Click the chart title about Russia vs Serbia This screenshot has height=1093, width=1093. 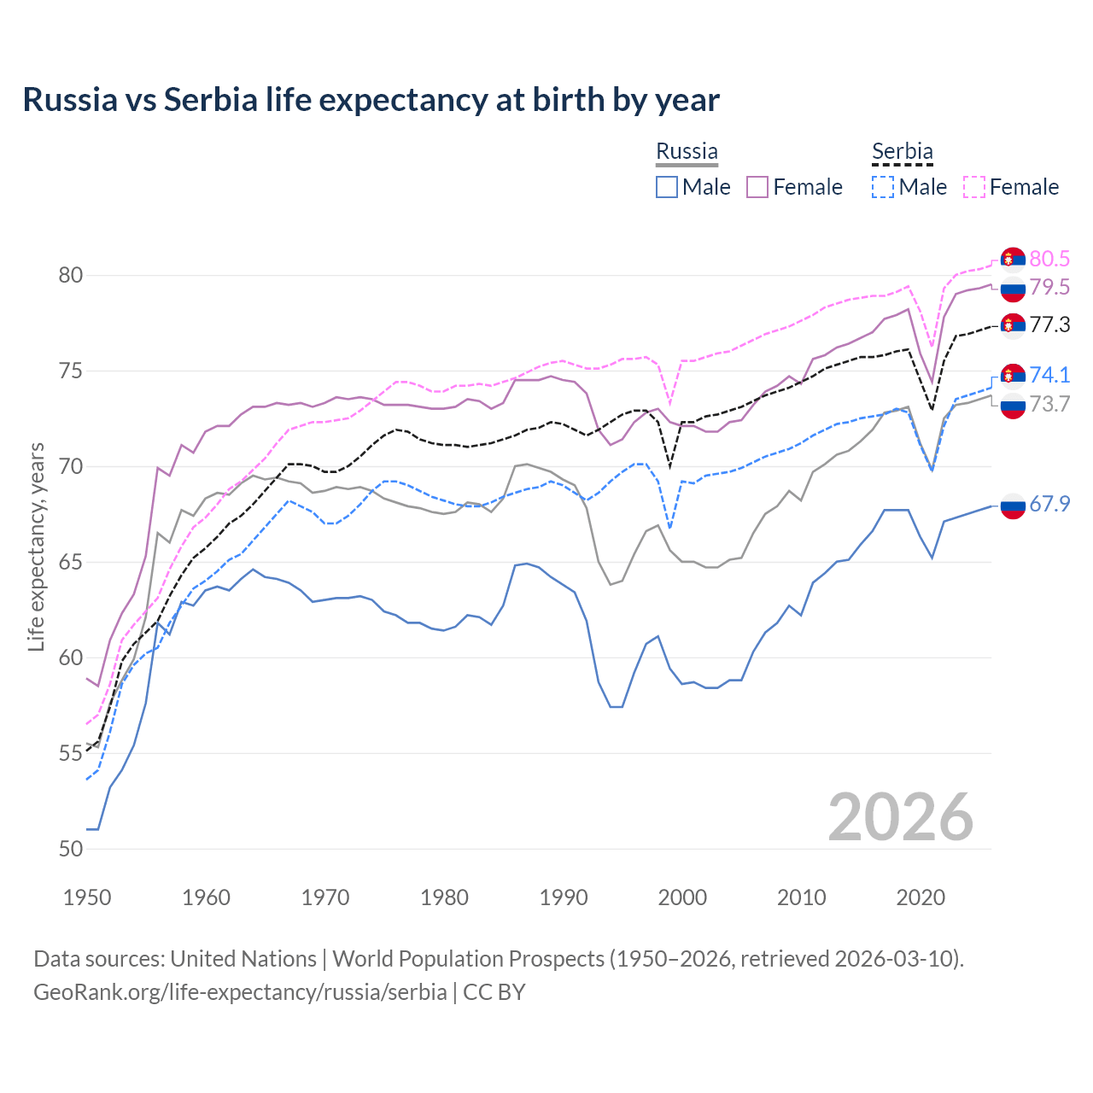point(371,100)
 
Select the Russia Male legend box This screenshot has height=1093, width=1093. point(667,187)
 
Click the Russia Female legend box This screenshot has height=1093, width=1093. point(757,187)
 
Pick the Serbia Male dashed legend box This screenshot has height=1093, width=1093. point(883,187)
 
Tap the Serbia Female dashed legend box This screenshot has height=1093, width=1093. point(974,187)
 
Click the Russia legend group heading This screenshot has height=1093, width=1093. point(687,152)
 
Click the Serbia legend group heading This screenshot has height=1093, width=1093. point(902,152)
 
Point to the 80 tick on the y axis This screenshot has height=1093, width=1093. point(71,275)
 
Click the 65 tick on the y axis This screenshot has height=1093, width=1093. point(71,562)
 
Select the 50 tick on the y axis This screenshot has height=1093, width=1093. point(71,849)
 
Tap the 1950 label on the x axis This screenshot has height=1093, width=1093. point(87,897)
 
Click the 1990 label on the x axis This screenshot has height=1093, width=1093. point(564,897)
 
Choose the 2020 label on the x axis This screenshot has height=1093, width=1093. point(921,897)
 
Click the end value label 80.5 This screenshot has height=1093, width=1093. point(1049,259)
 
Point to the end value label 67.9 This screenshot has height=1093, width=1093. point(1049,505)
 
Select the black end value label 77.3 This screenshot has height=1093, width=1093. point(1049,325)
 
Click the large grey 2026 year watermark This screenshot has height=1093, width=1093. point(901,817)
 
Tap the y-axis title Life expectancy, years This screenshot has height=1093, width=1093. point(36,546)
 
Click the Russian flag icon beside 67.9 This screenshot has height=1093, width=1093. point(1012,506)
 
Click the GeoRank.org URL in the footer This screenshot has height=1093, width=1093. point(240,992)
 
